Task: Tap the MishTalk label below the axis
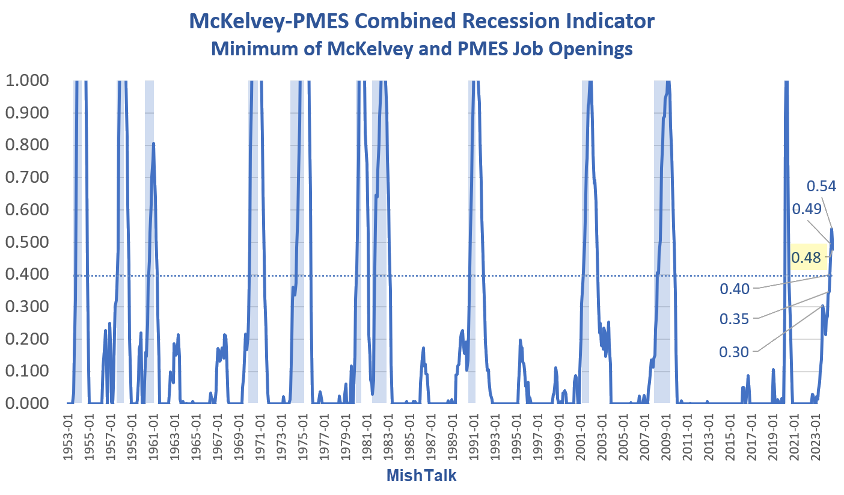(x=421, y=476)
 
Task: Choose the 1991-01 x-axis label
(x=474, y=435)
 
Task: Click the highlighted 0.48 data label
(x=806, y=257)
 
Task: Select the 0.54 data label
(x=821, y=186)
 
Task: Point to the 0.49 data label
(x=807, y=209)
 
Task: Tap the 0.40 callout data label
(x=735, y=289)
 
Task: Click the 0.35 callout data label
(x=735, y=319)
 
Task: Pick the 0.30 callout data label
(x=735, y=351)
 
